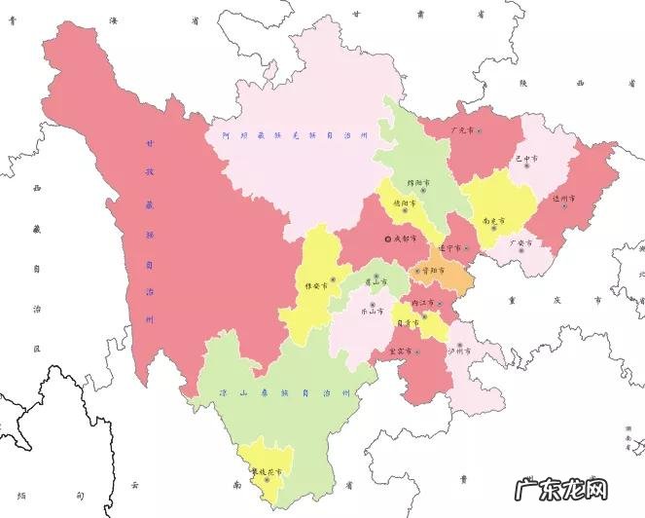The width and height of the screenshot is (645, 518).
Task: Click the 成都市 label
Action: [405, 239]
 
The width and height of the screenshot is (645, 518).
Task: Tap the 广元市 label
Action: [462, 130]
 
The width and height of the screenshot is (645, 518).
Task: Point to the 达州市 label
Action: [564, 199]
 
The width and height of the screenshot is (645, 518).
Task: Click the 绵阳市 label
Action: [420, 182]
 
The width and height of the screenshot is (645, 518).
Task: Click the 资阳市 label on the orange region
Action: [433, 270]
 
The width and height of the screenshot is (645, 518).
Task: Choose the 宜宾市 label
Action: [401, 351]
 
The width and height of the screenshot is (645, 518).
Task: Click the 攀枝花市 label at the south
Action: [267, 471]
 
